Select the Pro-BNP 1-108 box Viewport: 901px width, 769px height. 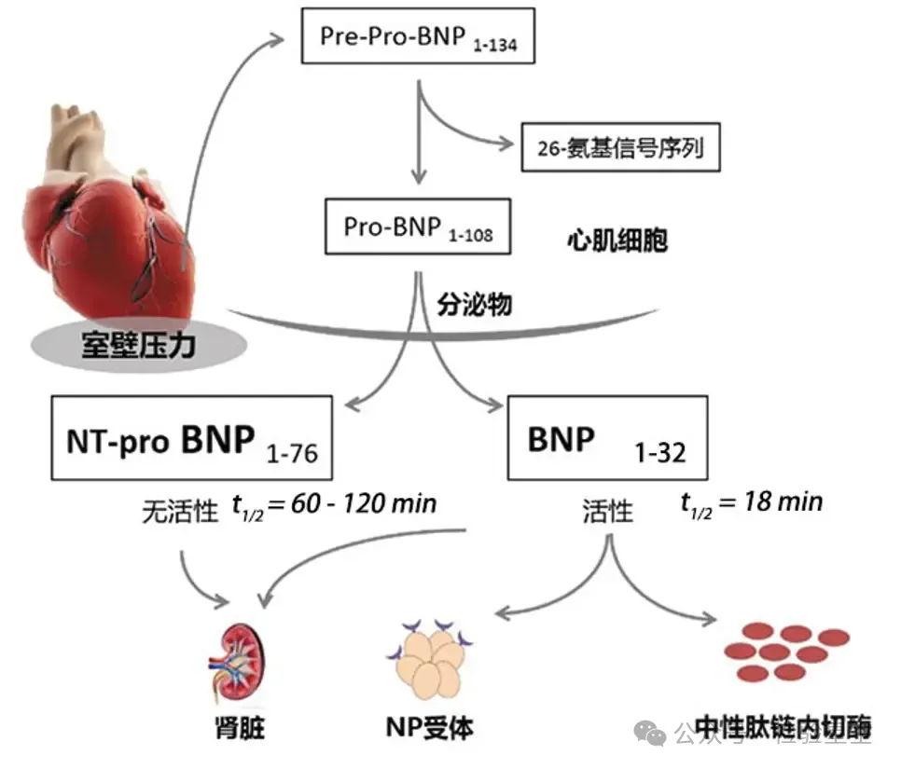417,227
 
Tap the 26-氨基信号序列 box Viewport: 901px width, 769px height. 621,147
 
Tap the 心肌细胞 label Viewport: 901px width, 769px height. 617,241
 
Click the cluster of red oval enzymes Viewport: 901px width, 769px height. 787,652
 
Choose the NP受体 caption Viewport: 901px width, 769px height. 428,727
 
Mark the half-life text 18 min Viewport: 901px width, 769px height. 752,502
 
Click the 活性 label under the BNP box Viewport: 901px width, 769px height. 607,511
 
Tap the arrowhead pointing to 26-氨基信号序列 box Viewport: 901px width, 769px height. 506,144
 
